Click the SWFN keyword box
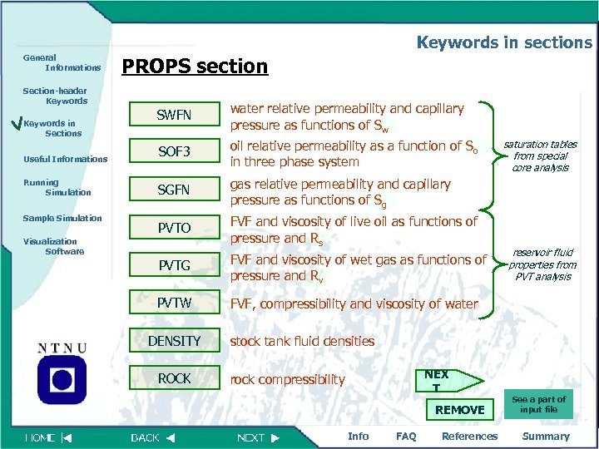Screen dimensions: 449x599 pyautogui.click(x=174, y=114)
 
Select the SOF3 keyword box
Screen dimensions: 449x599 pyautogui.click(x=174, y=151)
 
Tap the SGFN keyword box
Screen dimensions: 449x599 pyautogui.click(x=174, y=190)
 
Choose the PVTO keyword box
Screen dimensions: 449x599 pyautogui.click(x=174, y=227)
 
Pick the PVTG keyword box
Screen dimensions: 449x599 pyautogui.click(x=174, y=265)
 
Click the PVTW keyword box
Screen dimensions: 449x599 pyautogui.click(x=174, y=303)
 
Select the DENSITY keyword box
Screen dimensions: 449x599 pyautogui.click(x=174, y=341)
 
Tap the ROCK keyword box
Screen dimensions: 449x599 pyautogui.click(x=174, y=378)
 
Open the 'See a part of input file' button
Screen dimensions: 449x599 pyautogui.click(x=539, y=404)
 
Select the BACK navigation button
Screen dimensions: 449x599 pyautogui.click(x=153, y=437)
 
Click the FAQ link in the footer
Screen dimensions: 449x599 pyautogui.click(x=406, y=436)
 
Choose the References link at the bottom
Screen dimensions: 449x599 pyautogui.click(x=469, y=436)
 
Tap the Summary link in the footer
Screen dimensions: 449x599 pyautogui.click(x=545, y=436)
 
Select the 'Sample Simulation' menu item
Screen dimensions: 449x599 pyautogui.click(x=62, y=218)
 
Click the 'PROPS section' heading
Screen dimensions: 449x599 pyautogui.click(x=195, y=66)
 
